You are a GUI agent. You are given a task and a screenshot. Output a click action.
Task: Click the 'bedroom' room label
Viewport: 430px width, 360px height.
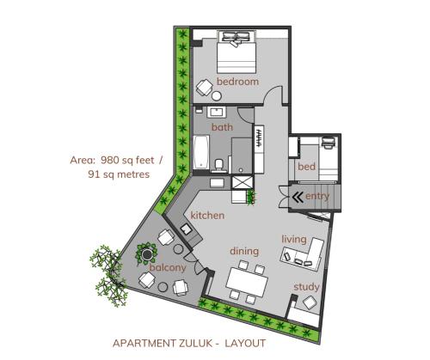[237, 82]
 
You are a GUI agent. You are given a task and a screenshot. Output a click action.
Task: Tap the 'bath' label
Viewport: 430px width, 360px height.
[222, 127]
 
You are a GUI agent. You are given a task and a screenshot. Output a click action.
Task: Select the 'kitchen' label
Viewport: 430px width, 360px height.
[207, 216]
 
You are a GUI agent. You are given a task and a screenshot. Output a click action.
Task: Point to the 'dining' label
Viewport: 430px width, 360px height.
[244, 252]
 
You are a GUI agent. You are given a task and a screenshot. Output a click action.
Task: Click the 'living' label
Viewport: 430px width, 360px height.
[294, 240]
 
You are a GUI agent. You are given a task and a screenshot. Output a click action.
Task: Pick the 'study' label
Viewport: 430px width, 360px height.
[306, 287]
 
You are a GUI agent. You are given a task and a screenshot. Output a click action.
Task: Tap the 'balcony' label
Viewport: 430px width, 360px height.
[168, 268]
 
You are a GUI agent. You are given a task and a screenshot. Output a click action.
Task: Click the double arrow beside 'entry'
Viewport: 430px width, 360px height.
[298, 197]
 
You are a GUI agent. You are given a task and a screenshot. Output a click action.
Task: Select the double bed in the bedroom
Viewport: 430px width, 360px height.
[236, 52]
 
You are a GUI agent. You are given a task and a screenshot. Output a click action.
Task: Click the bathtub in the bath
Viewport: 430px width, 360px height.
[201, 152]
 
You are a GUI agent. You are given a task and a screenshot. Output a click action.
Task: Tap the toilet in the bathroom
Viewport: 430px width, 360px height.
[219, 166]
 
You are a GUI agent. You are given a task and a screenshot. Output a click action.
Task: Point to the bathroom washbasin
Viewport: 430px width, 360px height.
[217, 113]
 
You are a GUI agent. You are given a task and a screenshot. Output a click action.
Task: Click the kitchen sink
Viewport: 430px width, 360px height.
[186, 229]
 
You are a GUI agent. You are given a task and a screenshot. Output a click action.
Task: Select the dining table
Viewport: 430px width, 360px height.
[247, 282]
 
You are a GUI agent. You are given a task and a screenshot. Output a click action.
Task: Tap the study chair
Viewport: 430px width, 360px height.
[310, 302]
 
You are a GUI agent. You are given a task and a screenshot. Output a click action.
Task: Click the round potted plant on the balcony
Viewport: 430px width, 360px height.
[147, 253]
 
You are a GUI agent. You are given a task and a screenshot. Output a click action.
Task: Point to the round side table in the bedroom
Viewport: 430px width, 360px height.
[217, 96]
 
